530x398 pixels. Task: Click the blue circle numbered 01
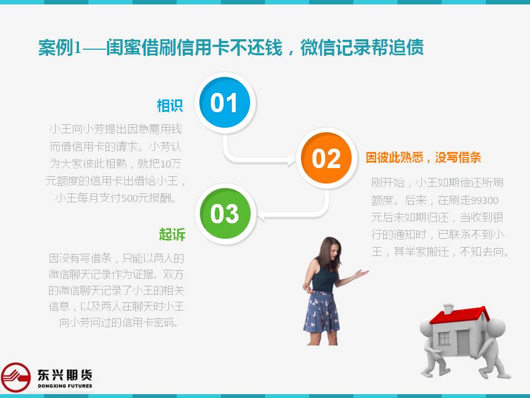(225, 102)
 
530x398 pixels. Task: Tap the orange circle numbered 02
(326, 158)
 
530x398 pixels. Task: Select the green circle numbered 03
(225, 213)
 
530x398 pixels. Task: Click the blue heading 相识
(169, 106)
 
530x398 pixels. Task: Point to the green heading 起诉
(172, 234)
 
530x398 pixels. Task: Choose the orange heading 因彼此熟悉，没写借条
(423, 158)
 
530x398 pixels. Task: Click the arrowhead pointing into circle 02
(291, 160)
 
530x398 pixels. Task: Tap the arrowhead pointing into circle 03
(261, 216)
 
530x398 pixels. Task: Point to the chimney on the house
(448, 308)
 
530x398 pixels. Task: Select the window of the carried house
(443, 337)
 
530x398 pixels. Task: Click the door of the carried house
(463, 342)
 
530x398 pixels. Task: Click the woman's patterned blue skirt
(321, 312)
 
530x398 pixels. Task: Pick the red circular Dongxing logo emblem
(15, 377)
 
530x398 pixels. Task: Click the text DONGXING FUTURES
(65, 386)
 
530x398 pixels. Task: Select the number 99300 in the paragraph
(484, 201)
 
